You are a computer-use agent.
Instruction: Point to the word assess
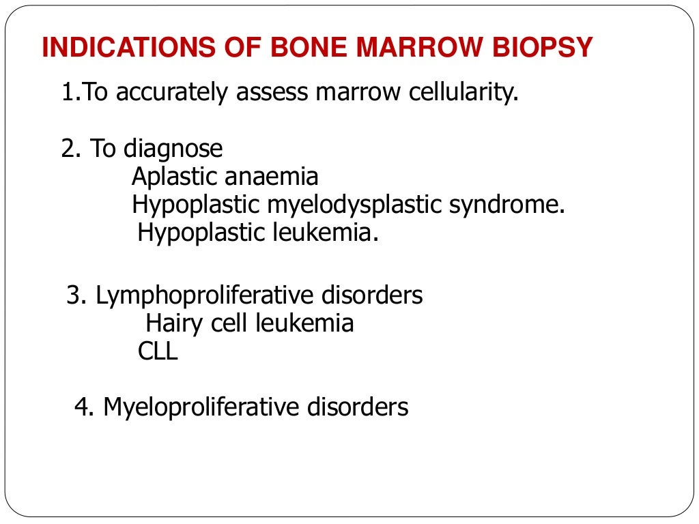click(272, 92)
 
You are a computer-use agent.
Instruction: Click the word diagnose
click(173, 149)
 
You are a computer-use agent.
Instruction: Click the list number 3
click(74, 295)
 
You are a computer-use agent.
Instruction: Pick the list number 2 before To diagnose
click(68, 149)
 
